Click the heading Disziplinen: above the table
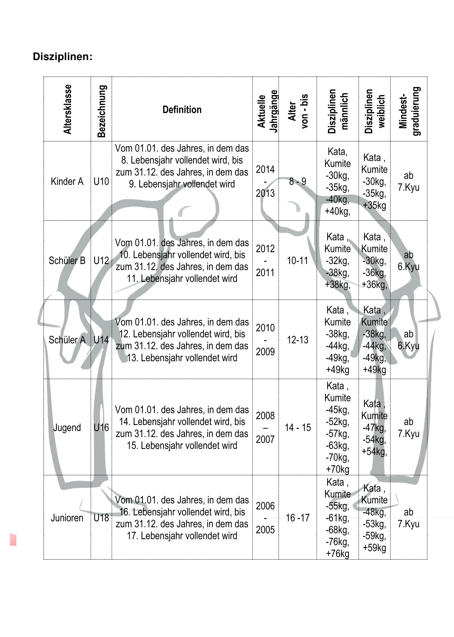(62, 57)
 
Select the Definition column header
(182, 110)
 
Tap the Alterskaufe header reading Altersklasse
(67, 109)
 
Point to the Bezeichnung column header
(101, 111)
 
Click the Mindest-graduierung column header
(409, 111)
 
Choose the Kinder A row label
(67, 182)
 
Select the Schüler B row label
(67, 261)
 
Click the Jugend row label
(67, 427)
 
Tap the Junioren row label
(67, 518)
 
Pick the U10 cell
(101, 182)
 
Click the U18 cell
(101, 518)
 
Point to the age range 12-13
(297, 340)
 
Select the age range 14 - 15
(297, 427)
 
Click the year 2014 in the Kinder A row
(265, 170)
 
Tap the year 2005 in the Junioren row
(265, 530)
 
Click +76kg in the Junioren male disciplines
(337, 554)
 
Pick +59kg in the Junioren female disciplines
(374, 548)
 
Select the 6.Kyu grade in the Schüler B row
(408, 267)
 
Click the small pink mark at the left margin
(13, 539)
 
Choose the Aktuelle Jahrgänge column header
(267, 111)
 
